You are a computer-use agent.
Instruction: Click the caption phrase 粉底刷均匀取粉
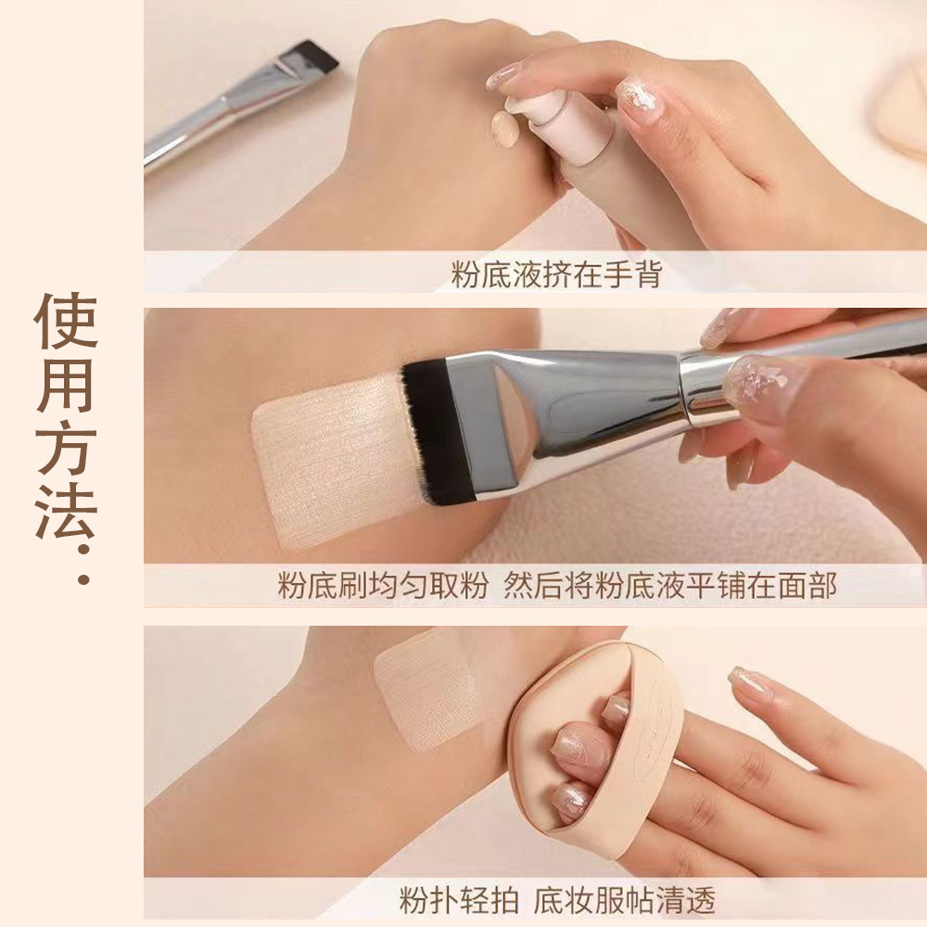[x=382, y=587]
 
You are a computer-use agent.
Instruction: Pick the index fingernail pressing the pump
[x=506, y=74]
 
